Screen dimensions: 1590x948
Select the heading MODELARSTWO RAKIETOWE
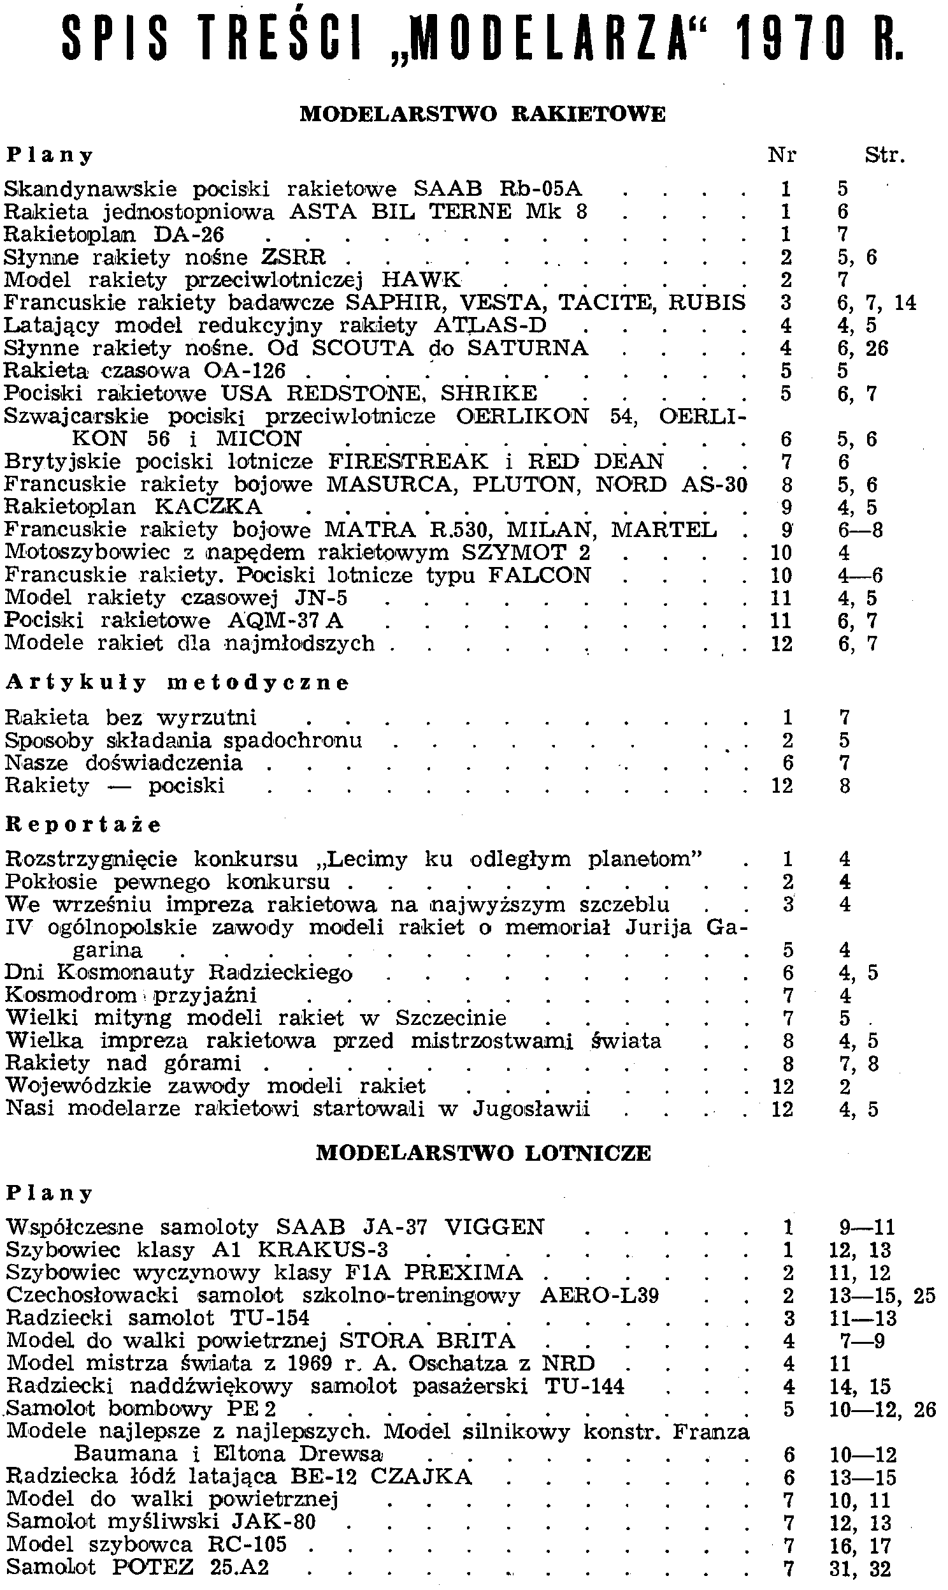coord(482,114)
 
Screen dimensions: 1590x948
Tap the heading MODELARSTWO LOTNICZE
coord(484,1152)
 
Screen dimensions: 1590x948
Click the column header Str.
coord(885,156)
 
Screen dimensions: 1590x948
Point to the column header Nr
coord(782,156)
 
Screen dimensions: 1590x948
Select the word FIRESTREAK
coord(408,461)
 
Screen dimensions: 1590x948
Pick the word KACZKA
coord(208,506)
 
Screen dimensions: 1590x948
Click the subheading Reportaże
coord(83,825)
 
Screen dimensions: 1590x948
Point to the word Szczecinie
coord(450,1017)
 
